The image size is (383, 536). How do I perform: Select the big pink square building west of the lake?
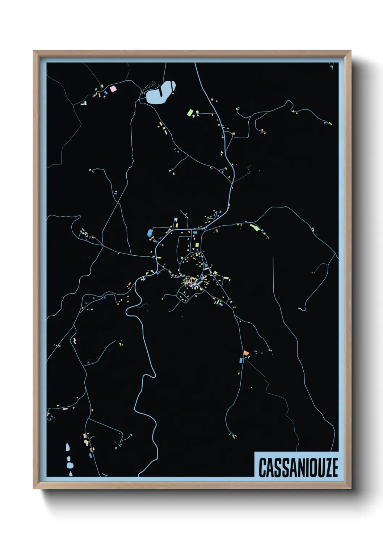pyautogui.click(x=113, y=88)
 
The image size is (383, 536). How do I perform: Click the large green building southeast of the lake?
pyautogui.click(x=189, y=112)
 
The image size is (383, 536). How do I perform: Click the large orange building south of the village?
pyautogui.click(x=246, y=353)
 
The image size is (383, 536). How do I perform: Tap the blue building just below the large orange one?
pyautogui.click(x=240, y=360)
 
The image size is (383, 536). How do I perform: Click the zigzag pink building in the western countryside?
pyautogui.click(x=74, y=340)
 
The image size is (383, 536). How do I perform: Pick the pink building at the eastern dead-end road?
pyautogui.click(x=300, y=308)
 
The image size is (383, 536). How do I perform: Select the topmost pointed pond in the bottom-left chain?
pyautogui.click(x=68, y=447)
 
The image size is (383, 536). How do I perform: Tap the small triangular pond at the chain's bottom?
pyautogui.click(x=70, y=473)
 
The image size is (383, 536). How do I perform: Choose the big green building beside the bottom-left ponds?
pyautogui.click(x=86, y=442)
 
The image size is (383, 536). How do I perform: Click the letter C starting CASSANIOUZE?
pyautogui.click(x=262, y=468)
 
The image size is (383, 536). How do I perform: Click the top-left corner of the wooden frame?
pyautogui.click(x=34, y=51)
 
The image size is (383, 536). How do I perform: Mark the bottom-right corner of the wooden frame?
pyautogui.click(x=350, y=489)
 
